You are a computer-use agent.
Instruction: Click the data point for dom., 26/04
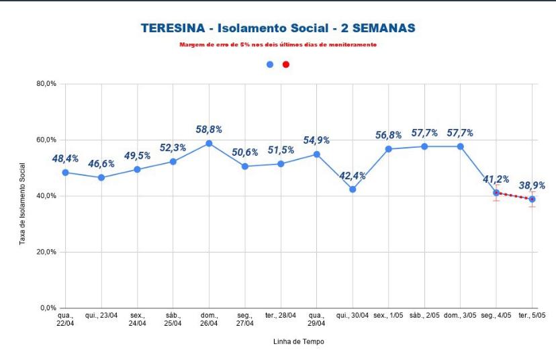tap(209, 143)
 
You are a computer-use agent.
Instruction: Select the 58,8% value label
tap(209, 129)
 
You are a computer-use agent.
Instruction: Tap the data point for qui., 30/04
tap(353, 189)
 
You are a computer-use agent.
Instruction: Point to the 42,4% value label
tap(353, 175)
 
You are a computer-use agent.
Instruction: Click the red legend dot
tap(286, 64)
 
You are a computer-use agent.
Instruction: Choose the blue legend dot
tap(270, 64)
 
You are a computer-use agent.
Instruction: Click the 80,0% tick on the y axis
tap(46, 84)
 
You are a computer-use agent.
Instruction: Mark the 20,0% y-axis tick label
tap(46, 252)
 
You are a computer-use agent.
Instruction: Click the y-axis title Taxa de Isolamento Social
tap(23, 204)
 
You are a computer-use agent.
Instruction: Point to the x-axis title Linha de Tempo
tap(298, 341)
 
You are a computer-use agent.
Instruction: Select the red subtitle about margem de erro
tap(278, 44)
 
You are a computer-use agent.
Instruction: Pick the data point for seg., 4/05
tap(496, 193)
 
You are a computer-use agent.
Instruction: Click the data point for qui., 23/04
tap(101, 177)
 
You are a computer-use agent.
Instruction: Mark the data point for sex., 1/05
tap(389, 148)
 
